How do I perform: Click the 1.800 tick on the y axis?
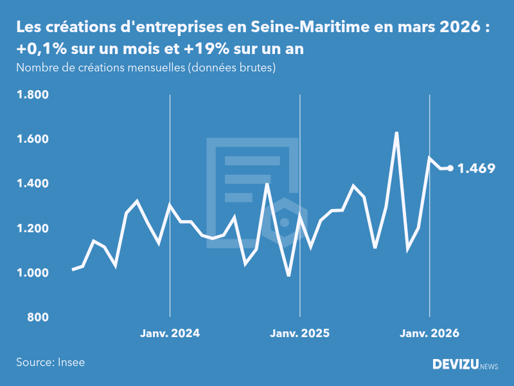[32, 95]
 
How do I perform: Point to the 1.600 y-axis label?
[32, 140]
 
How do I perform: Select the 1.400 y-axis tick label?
[32, 184]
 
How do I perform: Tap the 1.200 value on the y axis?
[32, 228]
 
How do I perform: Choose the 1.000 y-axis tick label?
[32, 273]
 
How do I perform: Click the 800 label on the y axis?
[38, 317]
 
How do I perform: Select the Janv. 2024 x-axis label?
[170, 333]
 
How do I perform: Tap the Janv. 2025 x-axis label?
[299, 333]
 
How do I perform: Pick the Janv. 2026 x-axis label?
[430, 333]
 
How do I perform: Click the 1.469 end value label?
[476, 169]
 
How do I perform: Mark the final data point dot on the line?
[450, 169]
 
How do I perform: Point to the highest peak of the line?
[396, 133]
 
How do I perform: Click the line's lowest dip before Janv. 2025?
[289, 275]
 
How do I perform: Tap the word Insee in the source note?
[71, 362]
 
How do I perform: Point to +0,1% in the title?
[39, 48]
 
